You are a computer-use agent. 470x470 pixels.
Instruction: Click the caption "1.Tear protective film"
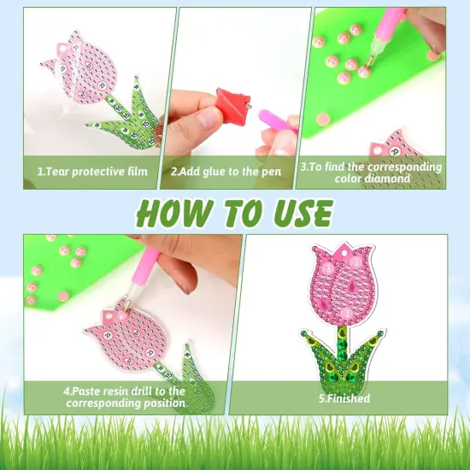(91, 171)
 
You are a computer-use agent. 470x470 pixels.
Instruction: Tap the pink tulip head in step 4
(120, 329)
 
